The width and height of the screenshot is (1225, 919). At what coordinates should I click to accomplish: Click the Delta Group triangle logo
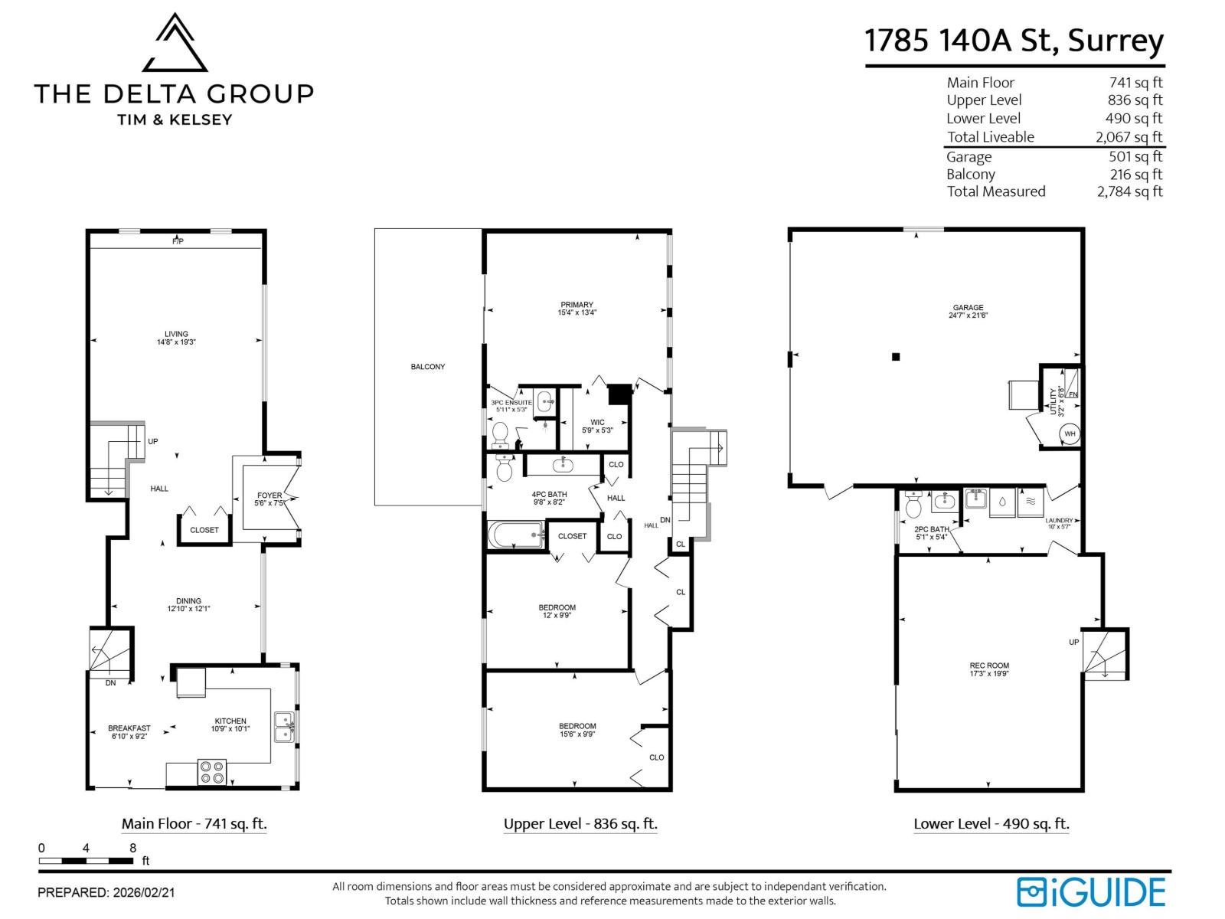click(175, 44)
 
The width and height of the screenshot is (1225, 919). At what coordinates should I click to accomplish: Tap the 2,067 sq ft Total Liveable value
click(1129, 137)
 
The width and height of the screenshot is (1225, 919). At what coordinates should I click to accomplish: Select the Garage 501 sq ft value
click(1135, 156)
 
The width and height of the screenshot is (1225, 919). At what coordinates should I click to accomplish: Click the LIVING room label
click(176, 334)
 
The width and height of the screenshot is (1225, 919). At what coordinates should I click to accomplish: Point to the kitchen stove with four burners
click(212, 772)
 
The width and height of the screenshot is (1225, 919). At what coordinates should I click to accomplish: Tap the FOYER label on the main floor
click(269, 495)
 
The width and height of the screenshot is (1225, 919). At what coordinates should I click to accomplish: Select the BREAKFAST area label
click(129, 728)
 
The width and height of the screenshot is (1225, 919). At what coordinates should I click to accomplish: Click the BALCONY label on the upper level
click(427, 367)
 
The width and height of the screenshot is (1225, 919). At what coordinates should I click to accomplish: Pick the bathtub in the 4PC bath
click(516, 535)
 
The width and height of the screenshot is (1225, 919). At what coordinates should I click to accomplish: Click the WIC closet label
click(597, 422)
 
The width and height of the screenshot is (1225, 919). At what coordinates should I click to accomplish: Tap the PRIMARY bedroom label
click(577, 305)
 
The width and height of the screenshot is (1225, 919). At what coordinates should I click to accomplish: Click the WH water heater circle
click(1070, 434)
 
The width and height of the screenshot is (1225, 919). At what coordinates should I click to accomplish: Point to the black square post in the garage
click(896, 356)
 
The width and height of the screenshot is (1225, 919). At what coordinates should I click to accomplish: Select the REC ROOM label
click(989, 666)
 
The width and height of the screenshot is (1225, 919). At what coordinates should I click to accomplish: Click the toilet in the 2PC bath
click(913, 505)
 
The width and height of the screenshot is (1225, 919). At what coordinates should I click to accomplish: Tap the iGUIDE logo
click(1090, 892)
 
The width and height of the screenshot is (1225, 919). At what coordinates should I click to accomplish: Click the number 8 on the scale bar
click(133, 848)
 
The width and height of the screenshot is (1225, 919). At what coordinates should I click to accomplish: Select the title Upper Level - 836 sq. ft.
click(580, 824)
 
